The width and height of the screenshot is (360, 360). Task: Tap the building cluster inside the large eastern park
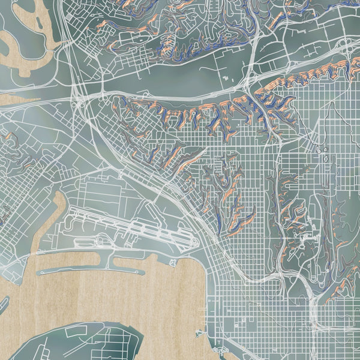click(324, 159)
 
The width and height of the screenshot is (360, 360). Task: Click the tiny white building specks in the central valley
click(225, 78)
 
